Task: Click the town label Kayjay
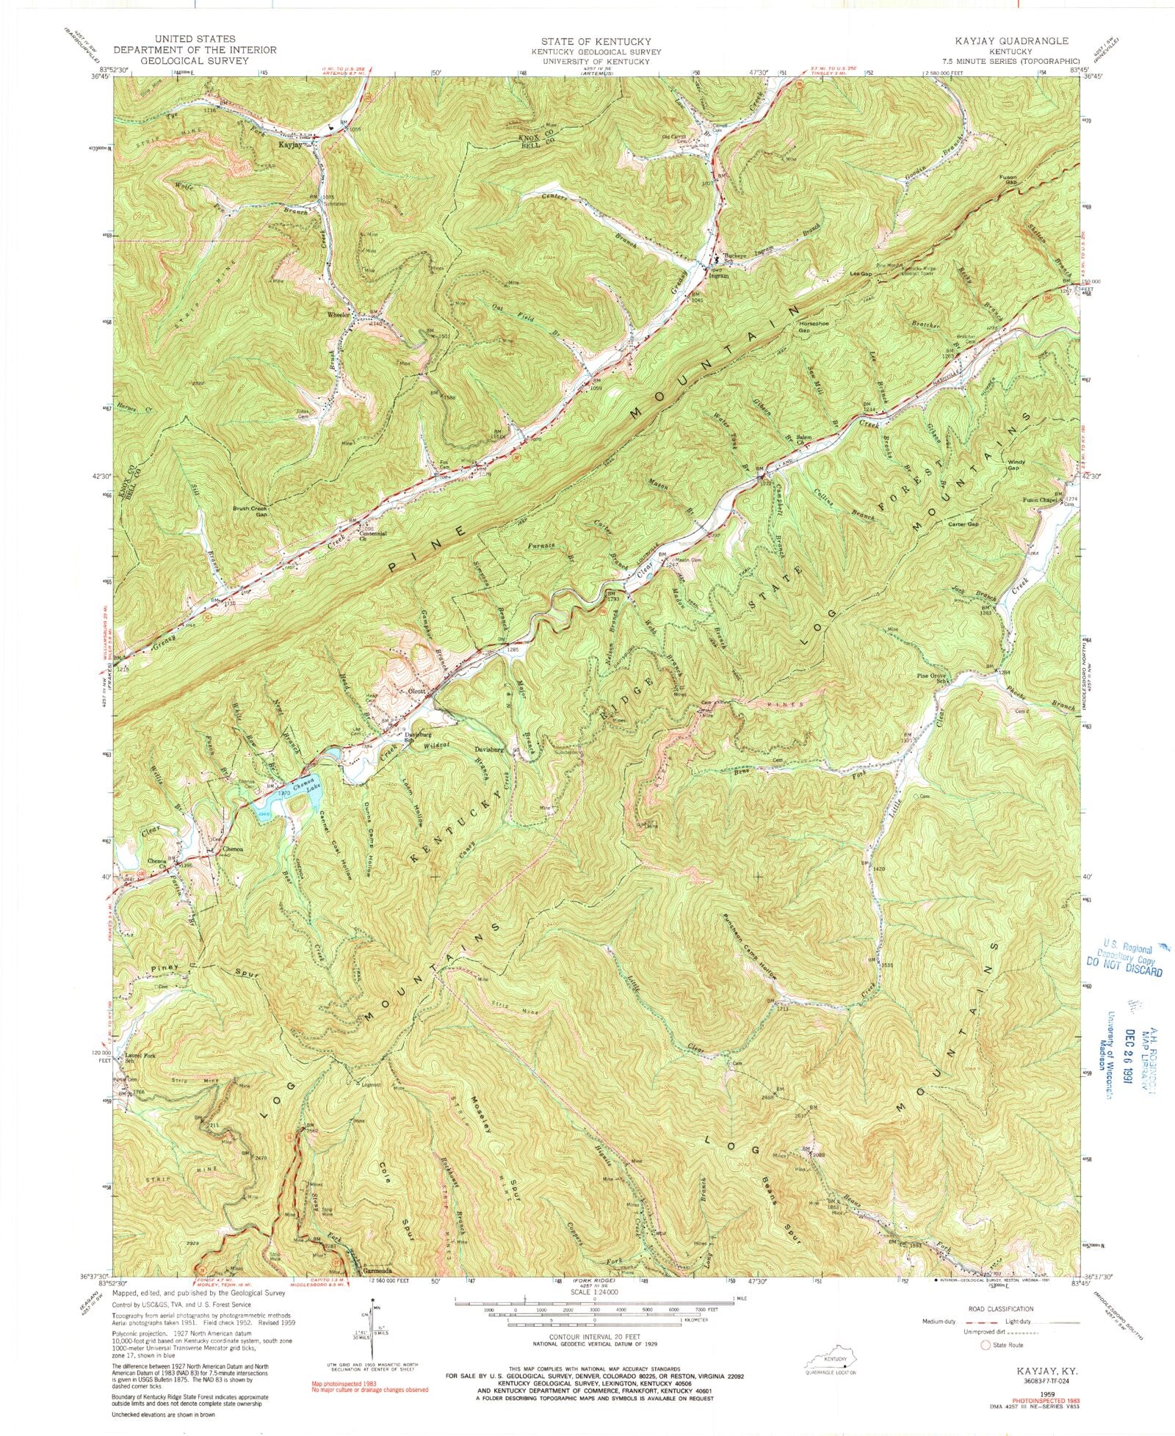(x=291, y=145)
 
